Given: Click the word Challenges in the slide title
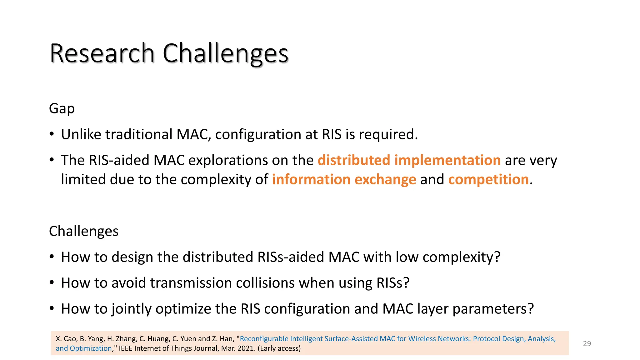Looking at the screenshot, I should [225, 54].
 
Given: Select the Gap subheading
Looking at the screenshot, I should [62, 109].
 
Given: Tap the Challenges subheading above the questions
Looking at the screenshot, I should [84, 231].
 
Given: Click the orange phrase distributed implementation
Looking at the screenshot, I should [409, 160].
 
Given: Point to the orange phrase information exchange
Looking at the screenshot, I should [344, 180].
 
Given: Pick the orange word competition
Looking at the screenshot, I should [488, 180].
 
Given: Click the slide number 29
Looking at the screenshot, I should [587, 343].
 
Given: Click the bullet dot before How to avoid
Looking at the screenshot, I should [52, 283].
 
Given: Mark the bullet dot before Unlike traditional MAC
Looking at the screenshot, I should [52, 135].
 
